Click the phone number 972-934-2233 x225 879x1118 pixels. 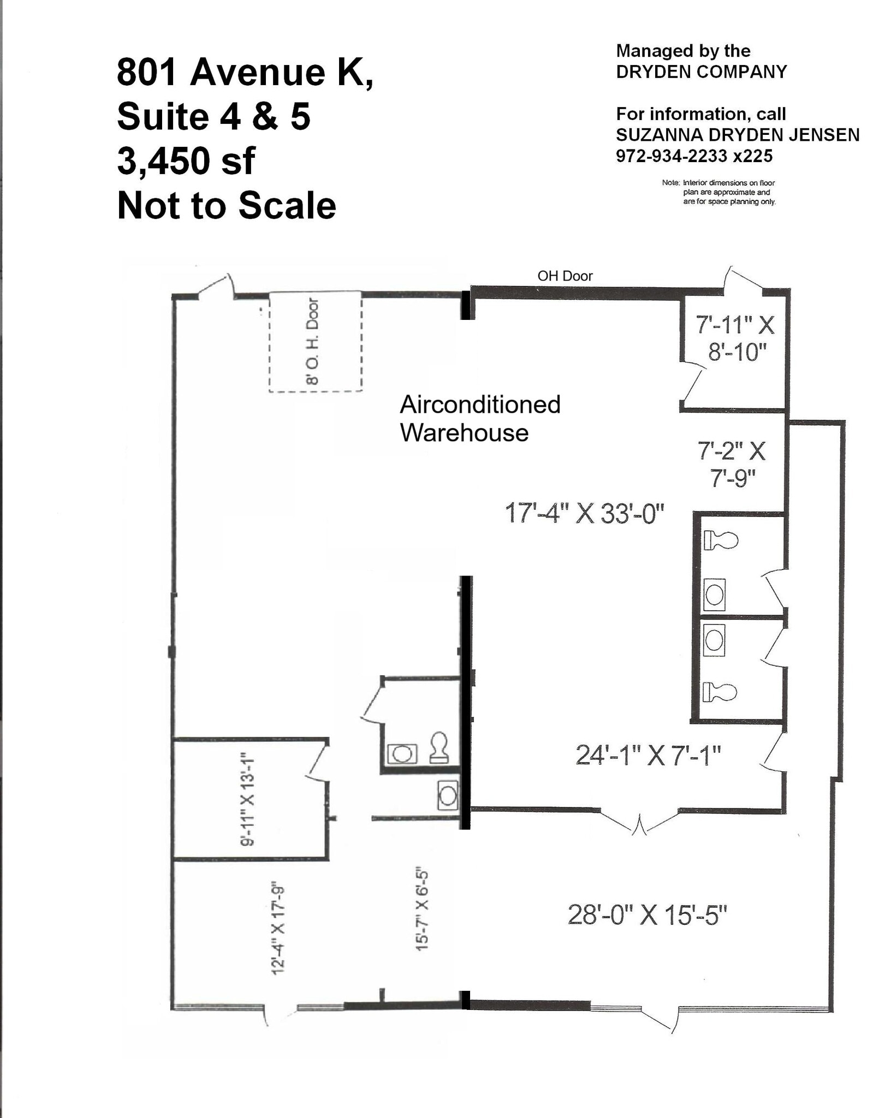(x=694, y=156)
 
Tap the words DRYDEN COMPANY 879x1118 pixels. (x=701, y=72)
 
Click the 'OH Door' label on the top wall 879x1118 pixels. (x=565, y=276)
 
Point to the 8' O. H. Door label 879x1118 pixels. (x=312, y=341)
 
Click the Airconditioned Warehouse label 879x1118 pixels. (x=479, y=419)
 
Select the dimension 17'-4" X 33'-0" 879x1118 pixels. (x=584, y=514)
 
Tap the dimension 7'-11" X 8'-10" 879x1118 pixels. (x=735, y=338)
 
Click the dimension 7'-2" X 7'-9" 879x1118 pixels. (x=732, y=465)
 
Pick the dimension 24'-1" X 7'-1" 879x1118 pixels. (x=648, y=756)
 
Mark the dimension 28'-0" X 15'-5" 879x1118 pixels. (x=647, y=915)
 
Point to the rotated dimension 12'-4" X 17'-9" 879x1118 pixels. (x=277, y=927)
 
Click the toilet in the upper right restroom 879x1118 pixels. (x=720, y=540)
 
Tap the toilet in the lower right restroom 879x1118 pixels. (x=719, y=692)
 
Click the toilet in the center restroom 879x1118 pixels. (x=439, y=747)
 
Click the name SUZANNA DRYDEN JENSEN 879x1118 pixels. (x=737, y=135)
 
